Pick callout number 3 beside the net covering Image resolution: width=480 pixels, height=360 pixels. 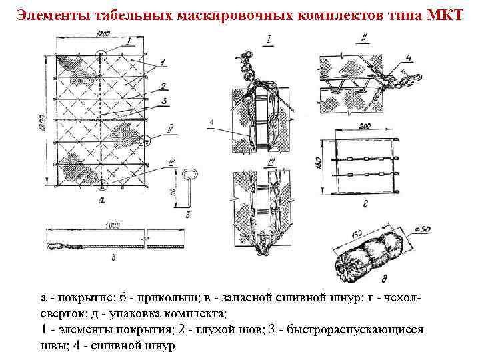[163, 101]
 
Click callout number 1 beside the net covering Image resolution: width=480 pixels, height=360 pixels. [163, 62]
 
